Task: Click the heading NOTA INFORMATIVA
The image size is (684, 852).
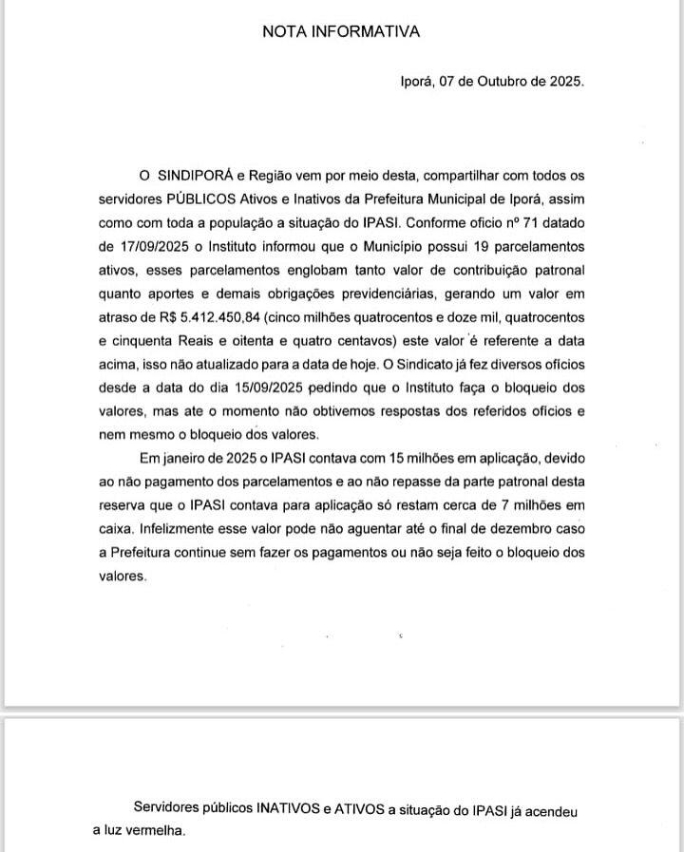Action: click(341, 31)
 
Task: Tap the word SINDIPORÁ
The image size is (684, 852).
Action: click(195, 176)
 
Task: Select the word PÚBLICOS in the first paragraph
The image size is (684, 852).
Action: click(205, 200)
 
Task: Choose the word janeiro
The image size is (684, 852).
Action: click(188, 458)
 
